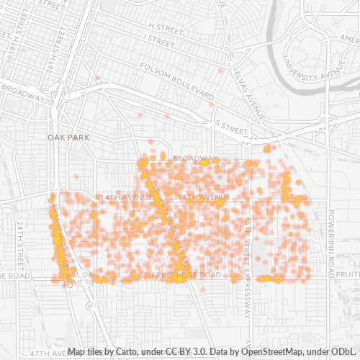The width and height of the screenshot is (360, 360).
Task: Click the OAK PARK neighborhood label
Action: [67, 137]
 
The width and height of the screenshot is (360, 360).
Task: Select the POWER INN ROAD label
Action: [332, 237]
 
